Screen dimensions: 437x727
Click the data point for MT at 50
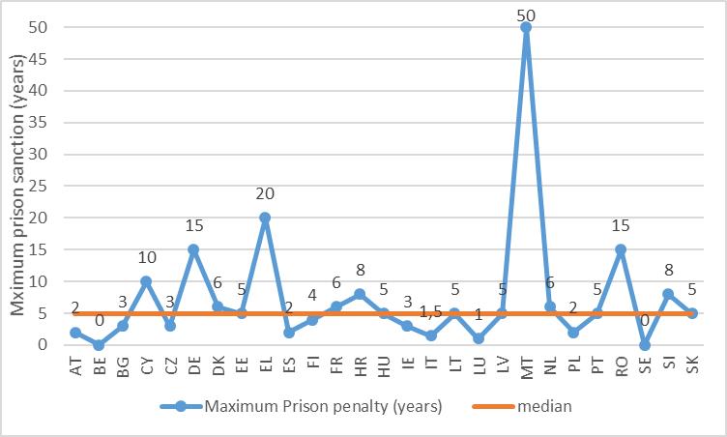tap(526, 27)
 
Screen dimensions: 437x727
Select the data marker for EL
tap(265, 218)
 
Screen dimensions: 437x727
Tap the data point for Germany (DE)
tap(193, 249)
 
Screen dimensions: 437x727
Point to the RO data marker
tap(621, 249)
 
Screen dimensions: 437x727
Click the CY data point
tap(146, 281)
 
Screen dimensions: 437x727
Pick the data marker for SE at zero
tap(645, 344)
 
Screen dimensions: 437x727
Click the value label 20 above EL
tap(264, 194)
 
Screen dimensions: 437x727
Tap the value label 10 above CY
tap(145, 258)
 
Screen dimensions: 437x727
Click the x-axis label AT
tap(75, 368)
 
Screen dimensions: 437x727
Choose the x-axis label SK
tap(692, 368)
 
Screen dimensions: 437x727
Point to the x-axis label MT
tap(526, 368)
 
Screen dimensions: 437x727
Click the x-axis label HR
tap(360, 368)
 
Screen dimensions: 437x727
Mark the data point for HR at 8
tap(360, 294)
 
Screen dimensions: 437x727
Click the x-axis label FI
tap(312, 367)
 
